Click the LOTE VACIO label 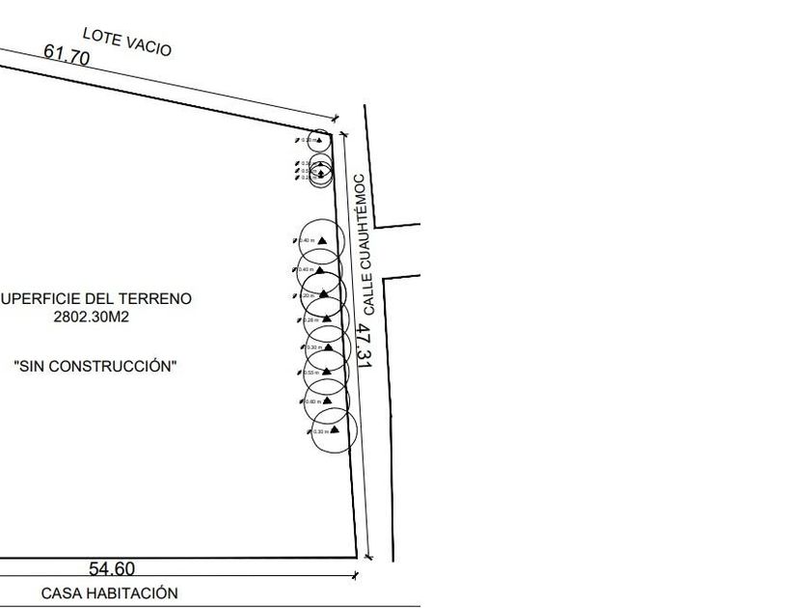point(126,41)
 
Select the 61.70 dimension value point(67,56)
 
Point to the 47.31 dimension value point(363,345)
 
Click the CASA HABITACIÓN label point(109,594)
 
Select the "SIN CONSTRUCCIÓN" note point(95,366)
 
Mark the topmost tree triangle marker point(324,140)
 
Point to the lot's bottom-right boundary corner point(358,557)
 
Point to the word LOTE point(99,36)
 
